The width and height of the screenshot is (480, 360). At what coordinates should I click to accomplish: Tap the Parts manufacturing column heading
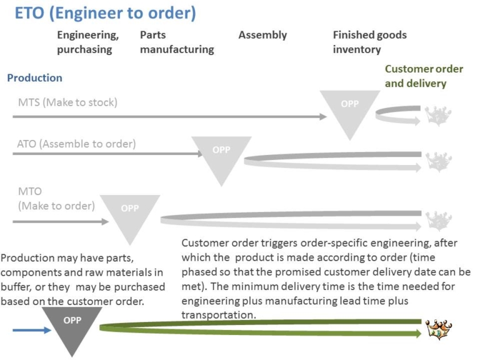coord(176,42)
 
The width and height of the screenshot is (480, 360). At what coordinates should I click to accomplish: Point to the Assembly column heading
coord(262,35)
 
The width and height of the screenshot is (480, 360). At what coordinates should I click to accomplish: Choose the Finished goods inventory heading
coord(369,42)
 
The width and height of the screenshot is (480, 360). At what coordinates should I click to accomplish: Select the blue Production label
coord(34,78)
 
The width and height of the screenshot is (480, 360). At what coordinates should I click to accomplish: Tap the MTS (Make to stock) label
coord(67,102)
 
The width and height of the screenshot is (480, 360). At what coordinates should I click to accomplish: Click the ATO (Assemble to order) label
coord(76,144)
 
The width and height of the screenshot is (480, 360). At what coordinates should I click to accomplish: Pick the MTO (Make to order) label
coord(56,198)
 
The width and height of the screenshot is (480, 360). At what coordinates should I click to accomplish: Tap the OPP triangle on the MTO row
coord(130,212)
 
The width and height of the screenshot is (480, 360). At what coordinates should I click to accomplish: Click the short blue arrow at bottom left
coord(41,330)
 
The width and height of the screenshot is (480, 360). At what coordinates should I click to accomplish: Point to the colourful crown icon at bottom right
coord(438,329)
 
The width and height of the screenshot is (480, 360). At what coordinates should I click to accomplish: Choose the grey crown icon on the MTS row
coord(438,114)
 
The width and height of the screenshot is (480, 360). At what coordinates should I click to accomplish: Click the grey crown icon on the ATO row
coord(438,161)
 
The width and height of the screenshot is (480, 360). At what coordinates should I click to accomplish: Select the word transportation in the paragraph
coord(218,315)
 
